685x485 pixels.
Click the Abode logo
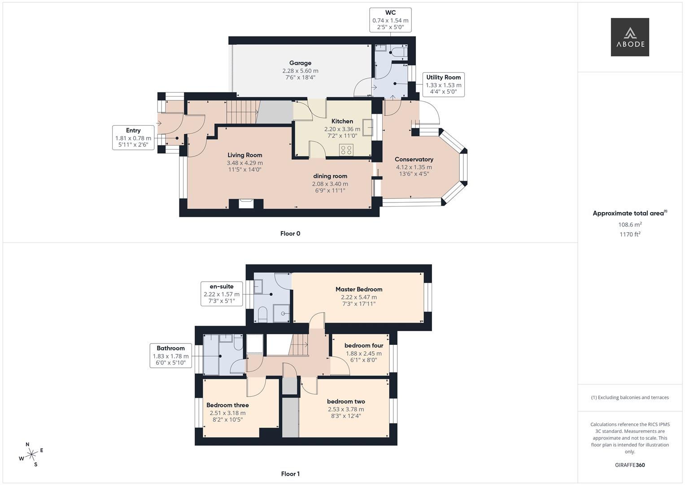pyautogui.click(x=630, y=37)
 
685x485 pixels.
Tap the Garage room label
pyautogui.click(x=300, y=63)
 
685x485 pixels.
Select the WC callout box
pyautogui.click(x=390, y=20)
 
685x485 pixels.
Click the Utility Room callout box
pyautogui.click(x=443, y=84)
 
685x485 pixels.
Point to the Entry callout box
pyautogui.click(x=133, y=137)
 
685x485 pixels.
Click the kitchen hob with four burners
pyautogui.click(x=346, y=150)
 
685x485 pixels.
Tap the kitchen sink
pyautogui.click(x=368, y=128)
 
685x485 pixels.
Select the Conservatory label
pyautogui.click(x=414, y=159)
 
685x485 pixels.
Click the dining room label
pyautogui.click(x=330, y=176)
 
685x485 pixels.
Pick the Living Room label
pyautogui.click(x=244, y=155)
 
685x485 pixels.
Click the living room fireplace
pyautogui.click(x=246, y=203)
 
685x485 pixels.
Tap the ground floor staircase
pyautogui.click(x=243, y=112)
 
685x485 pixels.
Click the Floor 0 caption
pyautogui.click(x=290, y=234)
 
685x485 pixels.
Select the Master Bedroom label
pyautogui.click(x=359, y=289)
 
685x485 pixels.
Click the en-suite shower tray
pyautogui.click(x=281, y=313)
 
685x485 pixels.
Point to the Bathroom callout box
pyautogui.click(x=170, y=356)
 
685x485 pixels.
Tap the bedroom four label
pyautogui.click(x=364, y=346)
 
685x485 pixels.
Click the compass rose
pyautogui.click(x=31, y=454)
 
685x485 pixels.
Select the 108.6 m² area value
pyautogui.click(x=630, y=225)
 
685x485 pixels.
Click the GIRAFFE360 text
pyautogui.click(x=630, y=465)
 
